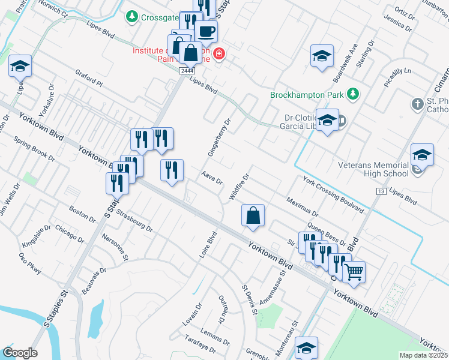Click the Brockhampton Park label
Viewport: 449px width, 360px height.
(306, 94)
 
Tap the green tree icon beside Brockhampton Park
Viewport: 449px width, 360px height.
(354, 94)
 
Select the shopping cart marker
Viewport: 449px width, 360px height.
(354, 272)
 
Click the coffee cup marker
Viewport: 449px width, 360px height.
(206, 31)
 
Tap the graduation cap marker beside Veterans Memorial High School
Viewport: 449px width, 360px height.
(422, 155)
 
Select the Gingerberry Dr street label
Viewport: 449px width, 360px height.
(219, 137)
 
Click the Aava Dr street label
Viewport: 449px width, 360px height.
(212, 178)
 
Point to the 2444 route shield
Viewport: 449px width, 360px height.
(185, 71)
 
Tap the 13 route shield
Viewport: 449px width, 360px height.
(381, 191)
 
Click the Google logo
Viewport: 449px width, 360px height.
(19, 353)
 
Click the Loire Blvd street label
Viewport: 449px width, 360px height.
(207, 245)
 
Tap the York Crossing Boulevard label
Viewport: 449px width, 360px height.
(334, 195)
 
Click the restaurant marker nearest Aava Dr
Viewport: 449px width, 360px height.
(172, 170)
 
